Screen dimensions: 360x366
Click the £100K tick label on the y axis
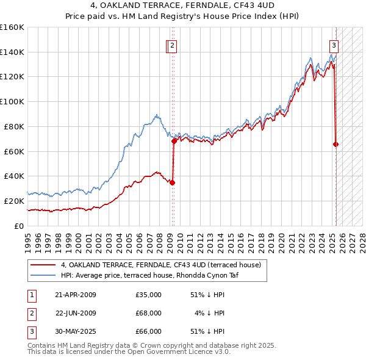tap(12, 101)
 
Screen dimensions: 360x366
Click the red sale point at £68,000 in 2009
tap(174, 141)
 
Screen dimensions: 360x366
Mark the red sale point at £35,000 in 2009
tap(173, 182)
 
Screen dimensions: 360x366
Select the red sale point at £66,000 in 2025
tap(336, 144)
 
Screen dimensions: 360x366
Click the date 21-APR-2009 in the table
tap(76, 295)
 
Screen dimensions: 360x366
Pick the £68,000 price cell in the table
tap(148, 313)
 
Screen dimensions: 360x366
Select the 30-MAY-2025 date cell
tap(76, 331)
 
